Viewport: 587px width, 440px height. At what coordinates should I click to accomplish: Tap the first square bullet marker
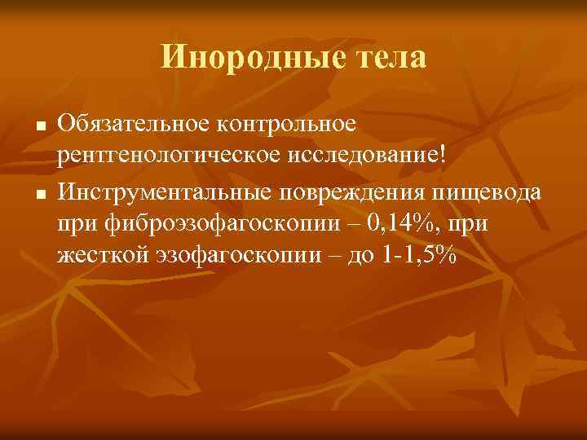click(x=38, y=129)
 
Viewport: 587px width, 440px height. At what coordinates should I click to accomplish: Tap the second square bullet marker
click(x=38, y=194)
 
